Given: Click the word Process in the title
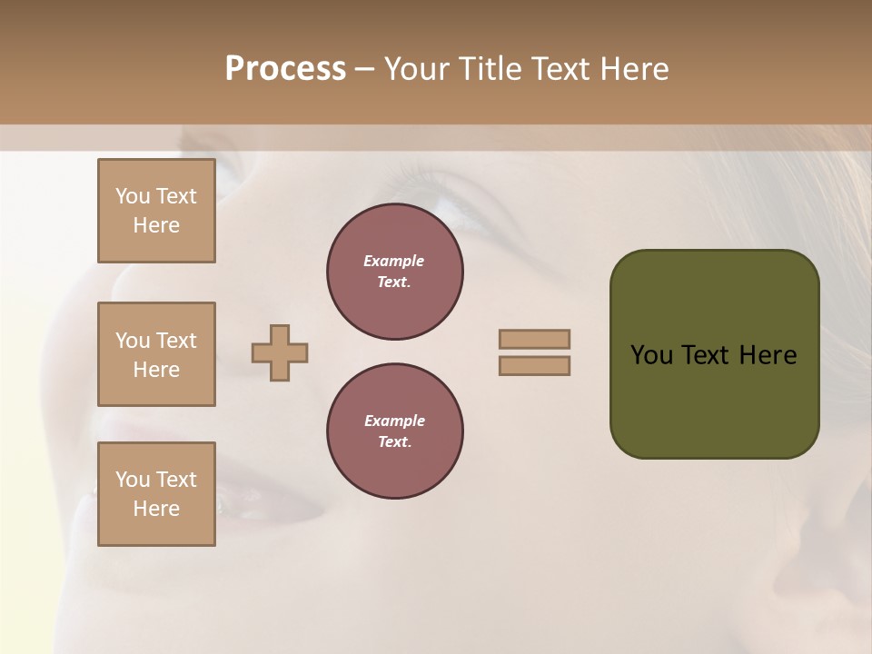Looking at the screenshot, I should click(x=285, y=69).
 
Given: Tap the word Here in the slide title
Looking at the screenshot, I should click(x=633, y=69).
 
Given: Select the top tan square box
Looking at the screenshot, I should click(x=156, y=211).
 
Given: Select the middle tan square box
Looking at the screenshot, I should click(x=156, y=354).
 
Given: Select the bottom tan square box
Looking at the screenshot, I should click(x=156, y=494).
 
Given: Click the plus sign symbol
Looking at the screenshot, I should click(x=280, y=352).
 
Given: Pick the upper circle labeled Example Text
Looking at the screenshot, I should click(x=395, y=272).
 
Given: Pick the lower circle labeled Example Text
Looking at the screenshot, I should click(x=395, y=431).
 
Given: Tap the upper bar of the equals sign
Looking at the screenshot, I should click(x=535, y=339).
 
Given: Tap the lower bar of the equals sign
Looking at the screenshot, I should click(x=535, y=366).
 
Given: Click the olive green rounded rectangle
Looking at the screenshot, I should click(x=714, y=400).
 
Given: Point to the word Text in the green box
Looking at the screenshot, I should click(x=705, y=355).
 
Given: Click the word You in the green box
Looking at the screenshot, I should click(x=650, y=355).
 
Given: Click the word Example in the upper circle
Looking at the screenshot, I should click(x=394, y=261).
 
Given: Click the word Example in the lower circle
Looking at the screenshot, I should click(x=394, y=421).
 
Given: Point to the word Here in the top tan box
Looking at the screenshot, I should click(x=156, y=225).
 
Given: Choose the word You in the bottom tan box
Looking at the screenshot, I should click(x=133, y=480).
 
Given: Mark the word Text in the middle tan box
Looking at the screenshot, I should click(x=176, y=341).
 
